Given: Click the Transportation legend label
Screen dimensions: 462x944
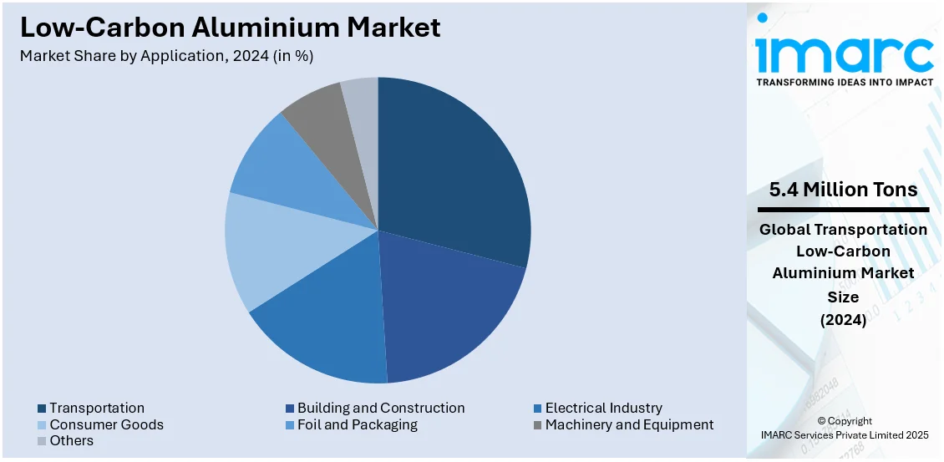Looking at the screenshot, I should [x=96, y=408].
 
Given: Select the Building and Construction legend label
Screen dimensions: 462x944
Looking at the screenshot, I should [x=381, y=408].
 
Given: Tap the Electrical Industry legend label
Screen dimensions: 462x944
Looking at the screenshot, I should [x=603, y=408].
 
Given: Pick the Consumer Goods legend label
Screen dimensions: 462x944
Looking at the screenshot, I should [x=106, y=424].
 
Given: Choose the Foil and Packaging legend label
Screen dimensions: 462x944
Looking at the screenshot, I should [x=357, y=424].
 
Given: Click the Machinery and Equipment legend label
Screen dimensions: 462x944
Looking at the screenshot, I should [x=629, y=424].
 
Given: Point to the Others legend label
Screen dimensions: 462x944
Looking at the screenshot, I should [x=71, y=441].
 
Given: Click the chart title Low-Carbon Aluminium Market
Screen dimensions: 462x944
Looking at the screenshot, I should [x=231, y=28].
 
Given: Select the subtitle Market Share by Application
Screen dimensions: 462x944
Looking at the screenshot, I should [x=167, y=56].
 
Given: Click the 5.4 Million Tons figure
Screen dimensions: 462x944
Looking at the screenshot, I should [x=844, y=190].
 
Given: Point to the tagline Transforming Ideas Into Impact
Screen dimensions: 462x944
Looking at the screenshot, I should [x=844, y=83].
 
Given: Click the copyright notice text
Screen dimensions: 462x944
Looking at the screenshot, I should [x=844, y=428].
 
